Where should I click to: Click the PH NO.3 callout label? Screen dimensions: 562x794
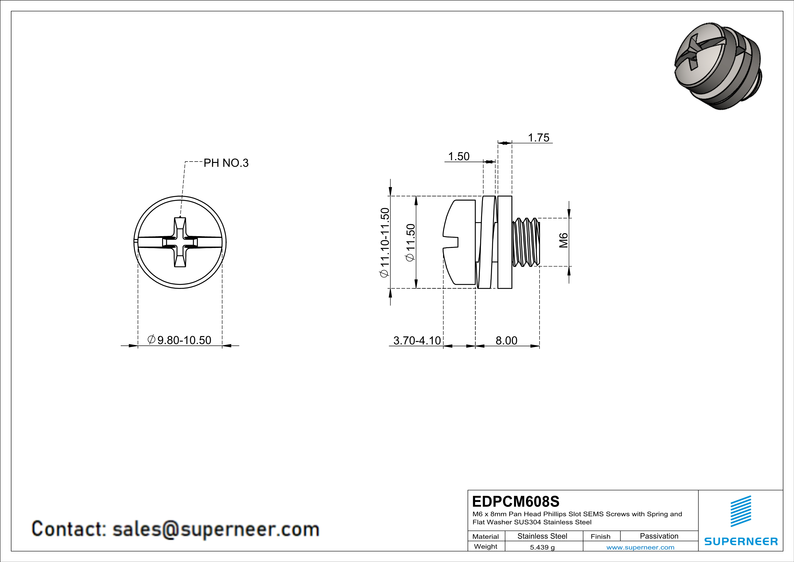click(x=226, y=163)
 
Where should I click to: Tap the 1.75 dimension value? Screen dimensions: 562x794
click(x=538, y=138)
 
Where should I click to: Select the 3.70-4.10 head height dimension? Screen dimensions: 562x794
click(x=417, y=341)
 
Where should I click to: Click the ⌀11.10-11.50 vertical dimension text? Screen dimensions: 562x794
click(x=385, y=242)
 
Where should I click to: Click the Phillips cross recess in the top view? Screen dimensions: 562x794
click(x=180, y=242)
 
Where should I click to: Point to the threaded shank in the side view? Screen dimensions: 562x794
click(x=526, y=242)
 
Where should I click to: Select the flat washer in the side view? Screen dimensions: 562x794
click(x=505, y=242)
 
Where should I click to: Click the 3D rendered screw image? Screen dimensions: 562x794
click(x=717, y=66)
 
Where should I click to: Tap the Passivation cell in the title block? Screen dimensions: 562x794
click(x=659, y=536)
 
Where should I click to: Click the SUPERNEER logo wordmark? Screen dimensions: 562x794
click(x=741, y=542)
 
